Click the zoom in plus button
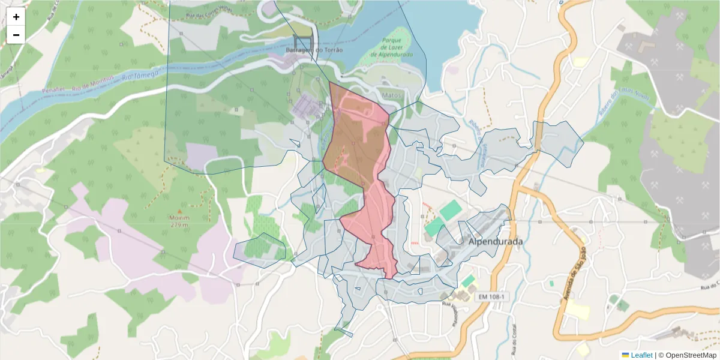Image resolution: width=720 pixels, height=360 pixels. pos(16,17)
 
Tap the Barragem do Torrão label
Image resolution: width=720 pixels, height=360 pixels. pos(314,50)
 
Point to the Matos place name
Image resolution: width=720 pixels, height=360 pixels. pos(391,95)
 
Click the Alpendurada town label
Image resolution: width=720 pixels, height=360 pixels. pos(495,241)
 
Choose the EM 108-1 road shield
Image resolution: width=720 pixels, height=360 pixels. pos(491,297)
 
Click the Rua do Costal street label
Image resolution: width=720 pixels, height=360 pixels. pos(514,341)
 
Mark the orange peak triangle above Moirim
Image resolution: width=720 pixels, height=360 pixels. pos(179,211)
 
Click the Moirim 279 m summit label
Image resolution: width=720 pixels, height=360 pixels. pos(179,221)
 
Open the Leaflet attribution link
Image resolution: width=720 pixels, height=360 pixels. pos(641,355)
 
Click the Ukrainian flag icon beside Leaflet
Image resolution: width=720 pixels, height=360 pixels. pos(625,355)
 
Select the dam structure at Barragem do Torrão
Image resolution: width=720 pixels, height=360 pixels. pos(303,41)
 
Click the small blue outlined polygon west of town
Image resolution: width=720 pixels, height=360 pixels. pos(260,250)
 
